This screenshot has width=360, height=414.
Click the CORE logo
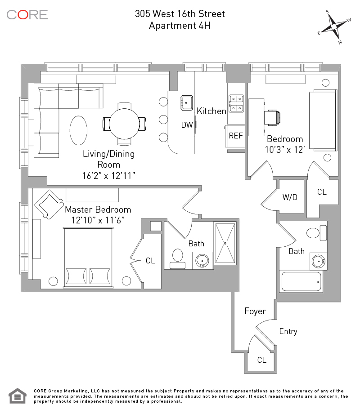(27, 15)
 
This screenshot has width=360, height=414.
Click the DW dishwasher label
(187, 125)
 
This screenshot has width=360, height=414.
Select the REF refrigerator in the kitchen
(235, 136)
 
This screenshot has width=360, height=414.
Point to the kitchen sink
(187, 102)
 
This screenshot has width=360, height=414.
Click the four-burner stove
(236, 104)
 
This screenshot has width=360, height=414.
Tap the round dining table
(124, 124)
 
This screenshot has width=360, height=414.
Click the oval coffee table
(78, 130)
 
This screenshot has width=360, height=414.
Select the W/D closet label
(290, 197)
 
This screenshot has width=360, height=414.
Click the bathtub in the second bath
(301, 281)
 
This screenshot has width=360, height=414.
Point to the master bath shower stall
(225, 243)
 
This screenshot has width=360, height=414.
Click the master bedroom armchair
(49, 205)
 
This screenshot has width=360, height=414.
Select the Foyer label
(255, 312)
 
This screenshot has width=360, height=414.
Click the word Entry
(288, 332)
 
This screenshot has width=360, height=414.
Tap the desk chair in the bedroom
(272, 118)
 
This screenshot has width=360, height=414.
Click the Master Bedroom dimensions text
(98, 220)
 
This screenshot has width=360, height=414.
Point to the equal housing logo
(18, 396)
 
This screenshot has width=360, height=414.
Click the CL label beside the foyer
(261, 360)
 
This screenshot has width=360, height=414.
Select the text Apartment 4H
(180, 26)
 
